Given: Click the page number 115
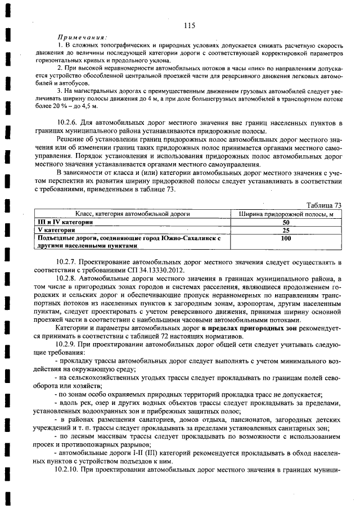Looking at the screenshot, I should coord(188,25).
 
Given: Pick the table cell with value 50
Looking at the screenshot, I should coord(286,223).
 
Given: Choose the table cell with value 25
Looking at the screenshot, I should coord(286,231).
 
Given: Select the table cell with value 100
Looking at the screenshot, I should coord(286,238).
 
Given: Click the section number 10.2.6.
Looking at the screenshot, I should coord(69,123).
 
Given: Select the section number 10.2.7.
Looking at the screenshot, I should coord(69,262).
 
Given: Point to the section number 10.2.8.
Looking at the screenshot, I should coord(69,278).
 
